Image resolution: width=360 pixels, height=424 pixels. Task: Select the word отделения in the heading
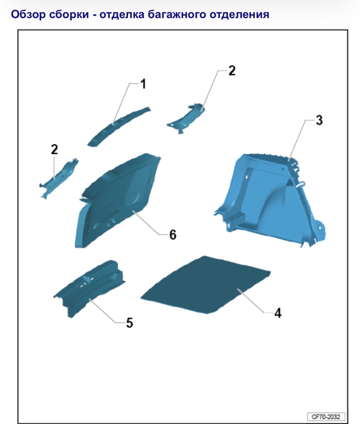pyautogui.click(x=239, y=15)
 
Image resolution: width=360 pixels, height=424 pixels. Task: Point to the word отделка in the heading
pyautogui.click(x=122, y=15)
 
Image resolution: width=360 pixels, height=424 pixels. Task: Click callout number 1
pyautogui.click(x=143, y=84)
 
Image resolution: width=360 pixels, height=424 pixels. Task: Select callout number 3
pyautogui.click(x=319, y=120)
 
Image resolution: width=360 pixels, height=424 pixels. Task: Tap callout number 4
pyautogui.click(x=278, y=313)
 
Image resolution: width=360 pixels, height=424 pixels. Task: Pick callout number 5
pyautogui.click(x=130, y=323)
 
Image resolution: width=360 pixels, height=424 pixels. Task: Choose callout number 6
pyautogui.click(x=173, y=235)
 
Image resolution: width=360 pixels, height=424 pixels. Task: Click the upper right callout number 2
pyautogui.click(x=232, y=71)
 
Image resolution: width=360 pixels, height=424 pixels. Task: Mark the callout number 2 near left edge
pyautogui.click(x=54, y=149)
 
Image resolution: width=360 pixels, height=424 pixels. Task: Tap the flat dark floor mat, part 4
pyautogui.click(x=205, y=285)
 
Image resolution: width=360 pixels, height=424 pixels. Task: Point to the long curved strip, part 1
pyautogui.click(x=119, y=126)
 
